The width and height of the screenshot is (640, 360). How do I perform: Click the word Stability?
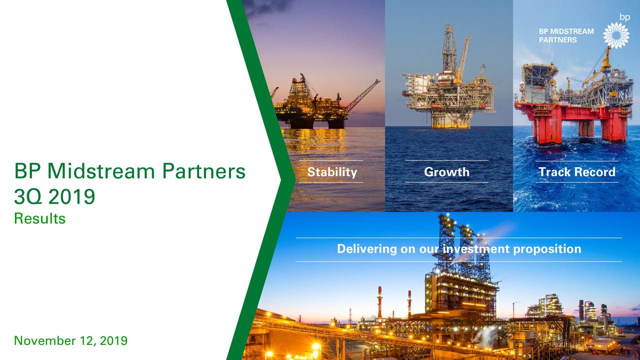[x=332, y=172]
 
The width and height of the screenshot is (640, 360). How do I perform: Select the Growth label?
[x=446, y=172]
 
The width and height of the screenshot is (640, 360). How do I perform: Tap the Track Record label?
[x=576, y=172]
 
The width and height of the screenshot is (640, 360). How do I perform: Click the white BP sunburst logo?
[x=616, y=35]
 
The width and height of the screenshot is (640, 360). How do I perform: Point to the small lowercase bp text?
[x=624, y=16]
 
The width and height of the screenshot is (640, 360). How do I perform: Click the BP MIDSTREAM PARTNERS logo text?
[x=566, y=35]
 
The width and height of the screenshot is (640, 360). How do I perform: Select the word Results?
[x=40, y=218]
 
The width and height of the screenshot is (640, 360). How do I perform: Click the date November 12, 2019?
[x=70, y=341]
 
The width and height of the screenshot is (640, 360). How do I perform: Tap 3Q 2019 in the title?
[x=54, y=196]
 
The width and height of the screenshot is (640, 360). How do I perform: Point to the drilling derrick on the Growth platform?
[x=449, y=47]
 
